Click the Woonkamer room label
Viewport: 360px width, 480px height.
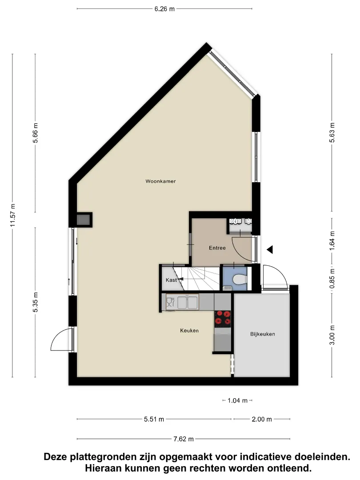[160, 181]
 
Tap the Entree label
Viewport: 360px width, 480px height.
[217, 248]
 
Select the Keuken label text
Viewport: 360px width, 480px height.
[189, 331]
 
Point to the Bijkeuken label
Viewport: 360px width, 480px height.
[263, 334]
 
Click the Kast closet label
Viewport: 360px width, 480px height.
[171, 280]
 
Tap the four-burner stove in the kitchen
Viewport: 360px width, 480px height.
[223, 317]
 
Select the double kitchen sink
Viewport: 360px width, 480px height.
[188, 303]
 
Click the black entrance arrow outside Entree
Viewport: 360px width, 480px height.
[270, 250]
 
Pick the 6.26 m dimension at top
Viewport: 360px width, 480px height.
[164, 9]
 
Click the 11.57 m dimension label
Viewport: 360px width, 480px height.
[12, 215]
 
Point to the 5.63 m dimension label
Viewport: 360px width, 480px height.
[332, 132]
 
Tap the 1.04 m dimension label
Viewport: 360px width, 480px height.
[237, 400]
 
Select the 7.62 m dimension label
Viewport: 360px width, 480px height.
[184, 439]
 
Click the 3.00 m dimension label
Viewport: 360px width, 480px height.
[332, 335]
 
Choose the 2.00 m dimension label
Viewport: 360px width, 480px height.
[262, 419]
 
